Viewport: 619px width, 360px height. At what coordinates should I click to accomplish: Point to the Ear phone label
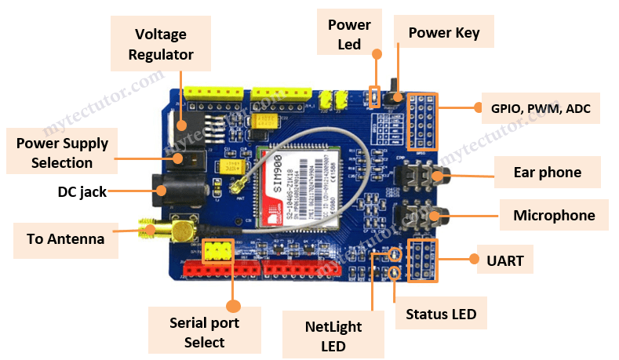click(547, 173)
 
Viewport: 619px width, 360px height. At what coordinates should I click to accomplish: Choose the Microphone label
click(554, 215)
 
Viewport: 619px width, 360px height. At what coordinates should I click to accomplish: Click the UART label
click(504, 258)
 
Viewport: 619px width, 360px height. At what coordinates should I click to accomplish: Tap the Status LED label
click(440, 314)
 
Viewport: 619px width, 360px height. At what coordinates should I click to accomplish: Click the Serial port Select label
click(204, 332)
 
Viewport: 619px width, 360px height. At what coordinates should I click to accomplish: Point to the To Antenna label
click(60, 239)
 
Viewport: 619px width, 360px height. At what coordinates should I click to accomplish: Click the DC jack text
click(82, 191)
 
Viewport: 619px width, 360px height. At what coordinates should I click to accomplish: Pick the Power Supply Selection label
click(62, 153)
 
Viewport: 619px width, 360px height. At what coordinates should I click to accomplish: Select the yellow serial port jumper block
click(217, 251)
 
